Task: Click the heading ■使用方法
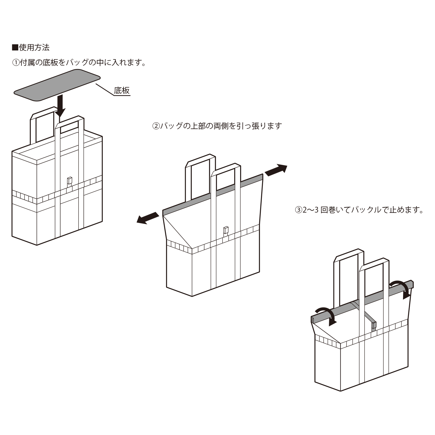pyautogui.click(x=31, y=48)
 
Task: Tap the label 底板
pyautogui.click(x=122, y=90)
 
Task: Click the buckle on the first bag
pyautogui.click(x=69, y=181)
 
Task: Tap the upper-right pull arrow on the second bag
pyautogui.click(x=276, y=170)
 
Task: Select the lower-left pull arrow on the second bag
pyautogui.click(x=148, y=218)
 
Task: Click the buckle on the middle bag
pyautogui.click(x=226, y=230)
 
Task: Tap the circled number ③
pyautogui.click(x=298, y=210)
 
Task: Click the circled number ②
pyautogui.click(x=156, y=126)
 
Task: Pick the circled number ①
pyautogui.click(x=15, y=63)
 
